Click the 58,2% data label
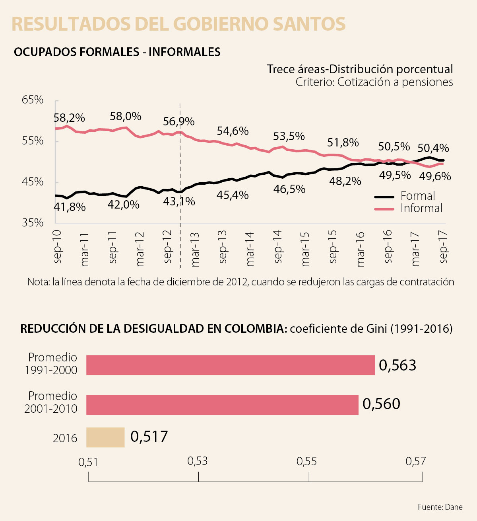(69, 118)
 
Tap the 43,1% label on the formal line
(179, 202)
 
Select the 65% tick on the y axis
(33, 100)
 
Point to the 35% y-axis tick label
(33, 222)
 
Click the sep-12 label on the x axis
(168, 246)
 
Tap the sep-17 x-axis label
(444, 246)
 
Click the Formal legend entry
(417, 196)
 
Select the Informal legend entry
(421, 208)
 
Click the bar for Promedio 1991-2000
(231, 365)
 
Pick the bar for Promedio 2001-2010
(222, 404)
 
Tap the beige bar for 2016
(105, 437)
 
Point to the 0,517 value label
(149, 437)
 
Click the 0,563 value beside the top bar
(397, 365)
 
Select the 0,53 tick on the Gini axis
(198, 461)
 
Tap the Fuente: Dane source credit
(440, 507)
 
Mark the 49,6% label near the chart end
(435, 176)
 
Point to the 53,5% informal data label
(289, 137)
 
